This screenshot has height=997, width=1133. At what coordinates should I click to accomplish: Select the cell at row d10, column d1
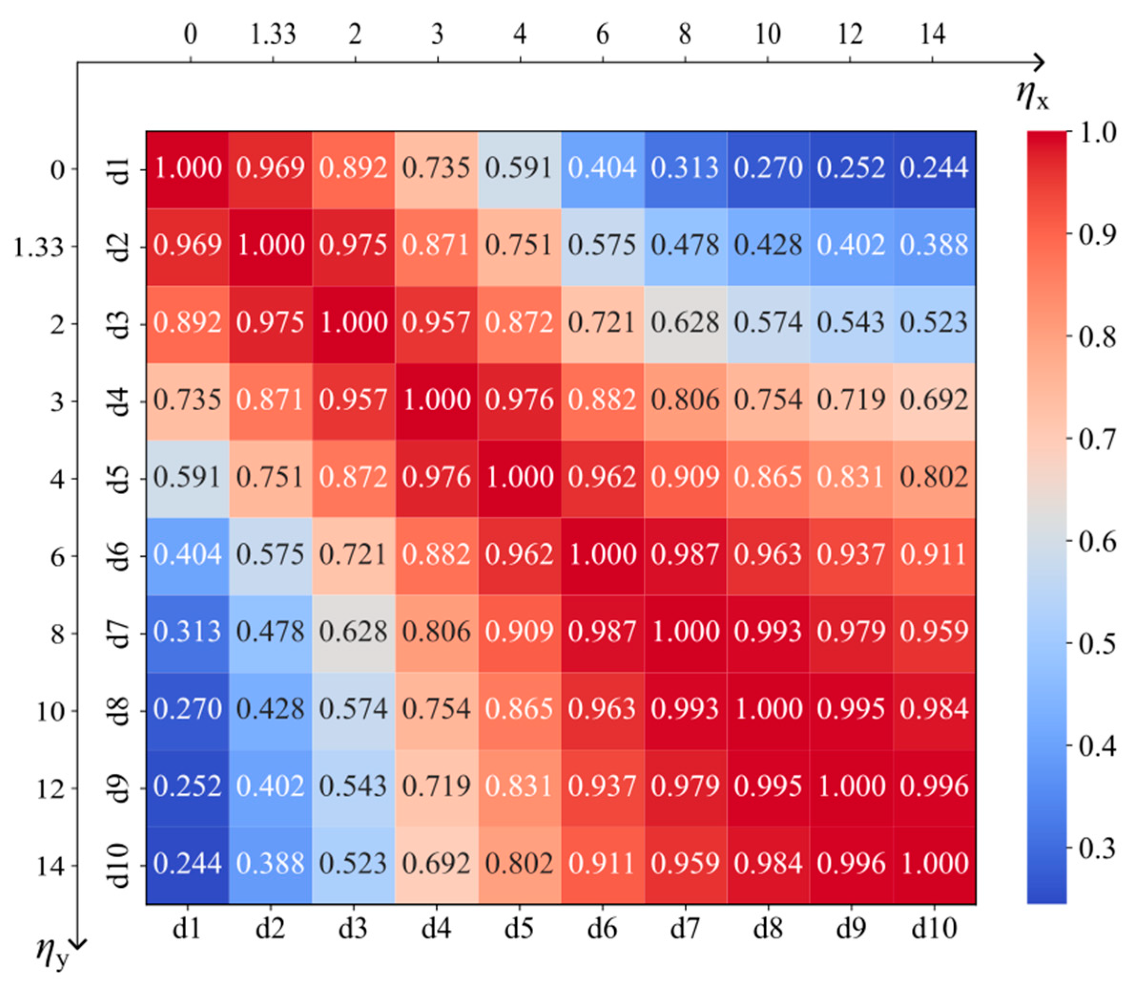(x=187, y=863)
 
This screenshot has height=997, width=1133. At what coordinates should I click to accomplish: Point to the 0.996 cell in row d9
(x=934, y=786)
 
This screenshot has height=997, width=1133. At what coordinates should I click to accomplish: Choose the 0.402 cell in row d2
(x=851, y=246)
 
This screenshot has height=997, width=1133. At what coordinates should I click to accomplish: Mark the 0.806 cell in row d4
(x=685, y=400)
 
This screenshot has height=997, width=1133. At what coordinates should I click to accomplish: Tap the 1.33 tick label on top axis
(x=273, y=34)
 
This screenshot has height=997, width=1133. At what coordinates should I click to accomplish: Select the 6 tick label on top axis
(x=603, y=34)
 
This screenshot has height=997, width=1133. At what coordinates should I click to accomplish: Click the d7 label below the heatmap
(x=685, y=928)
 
